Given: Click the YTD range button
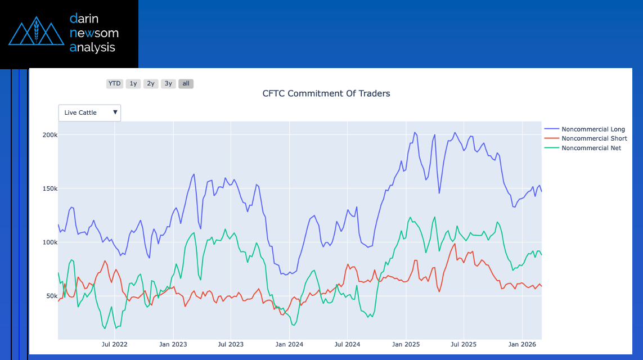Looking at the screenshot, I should pyautogui.click(x=115, y=84).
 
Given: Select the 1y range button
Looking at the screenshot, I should pyautogui.click(x=133, y=84).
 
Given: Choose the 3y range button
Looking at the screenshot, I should pyautogui.click(x=168, y=84).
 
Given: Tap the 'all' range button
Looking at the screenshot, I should pyautogui.click(x=186, y=84).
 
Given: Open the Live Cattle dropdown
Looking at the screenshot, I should pyautogui.click(x=90, y=112).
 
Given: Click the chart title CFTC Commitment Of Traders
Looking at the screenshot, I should pyautogui.click(x=326, y=93).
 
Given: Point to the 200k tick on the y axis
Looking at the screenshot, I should pyautogui.click(x=50, y=135).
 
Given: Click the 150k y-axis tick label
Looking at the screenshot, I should pyautogui.click(x=50, y=188).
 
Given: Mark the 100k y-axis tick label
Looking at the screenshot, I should pyautogui.click(x=50, y=242).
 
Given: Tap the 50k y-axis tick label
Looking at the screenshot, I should pyautogui.click(x=51, y=296).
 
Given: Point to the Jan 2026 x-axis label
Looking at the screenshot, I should pyautogui.click(x=522, y=344).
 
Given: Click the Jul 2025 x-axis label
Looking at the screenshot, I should pyautogui.click(x=464, y=344).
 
